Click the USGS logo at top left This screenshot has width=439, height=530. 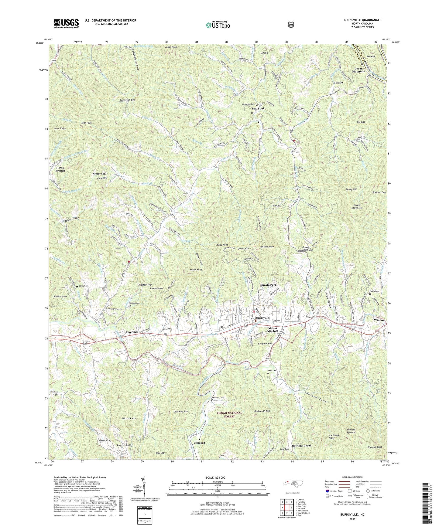(66, 23)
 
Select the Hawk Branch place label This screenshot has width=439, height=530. (60, 169)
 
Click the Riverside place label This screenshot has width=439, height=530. (132, 332)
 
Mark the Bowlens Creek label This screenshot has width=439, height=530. (301, 446)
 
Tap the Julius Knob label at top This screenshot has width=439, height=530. (170, 47)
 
